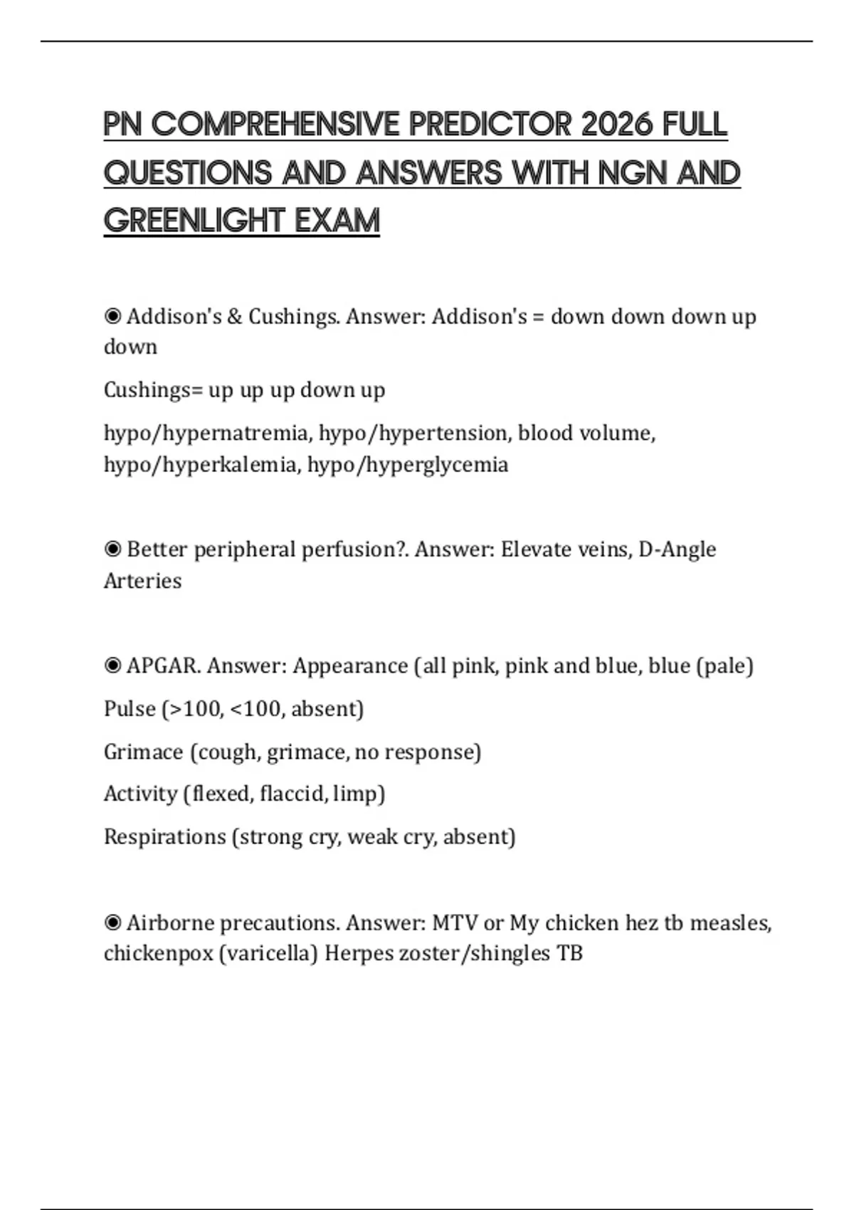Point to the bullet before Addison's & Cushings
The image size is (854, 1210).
[x=112, y=316]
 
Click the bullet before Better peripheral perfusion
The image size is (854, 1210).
[x=112, y=549]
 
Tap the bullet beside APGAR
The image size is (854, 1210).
[x=112, y=665]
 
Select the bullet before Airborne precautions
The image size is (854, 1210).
[x=112, y=923]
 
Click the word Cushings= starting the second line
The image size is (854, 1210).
[x=153, y=390]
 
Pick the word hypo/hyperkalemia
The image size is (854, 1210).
[x=201, y=465]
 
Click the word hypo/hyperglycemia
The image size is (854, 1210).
[x=408, y=465]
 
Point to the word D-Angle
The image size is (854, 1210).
[x=678, y=549]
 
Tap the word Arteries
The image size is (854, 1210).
[x=142, y=581]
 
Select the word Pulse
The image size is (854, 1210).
[x=130, y=709]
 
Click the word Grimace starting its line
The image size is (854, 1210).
[x=143, y=752]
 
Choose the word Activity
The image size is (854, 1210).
[x=140, y=794]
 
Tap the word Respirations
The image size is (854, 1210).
[x=164, y=836]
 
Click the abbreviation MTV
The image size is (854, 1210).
[x=455, y=923]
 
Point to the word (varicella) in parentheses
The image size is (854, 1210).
[x=268, y=953]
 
